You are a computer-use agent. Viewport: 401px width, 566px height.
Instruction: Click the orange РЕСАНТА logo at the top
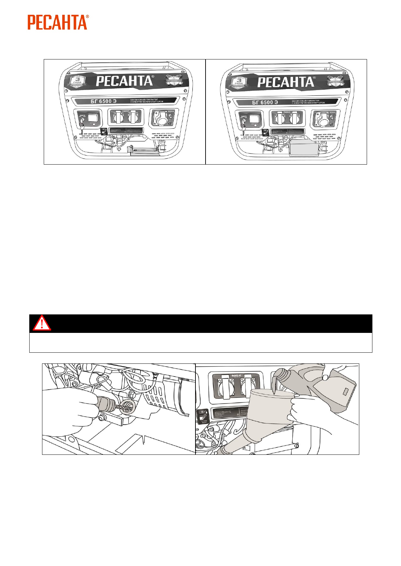58,23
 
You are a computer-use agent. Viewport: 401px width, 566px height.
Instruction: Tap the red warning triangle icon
42,323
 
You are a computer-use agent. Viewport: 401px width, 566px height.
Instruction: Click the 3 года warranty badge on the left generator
78,82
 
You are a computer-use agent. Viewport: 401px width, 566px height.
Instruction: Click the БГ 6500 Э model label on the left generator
103,101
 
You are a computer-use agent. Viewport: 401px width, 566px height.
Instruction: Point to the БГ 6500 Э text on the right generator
265,102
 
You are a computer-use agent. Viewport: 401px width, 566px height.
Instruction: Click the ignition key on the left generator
82,127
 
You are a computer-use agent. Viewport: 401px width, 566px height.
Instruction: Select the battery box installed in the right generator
304,149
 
